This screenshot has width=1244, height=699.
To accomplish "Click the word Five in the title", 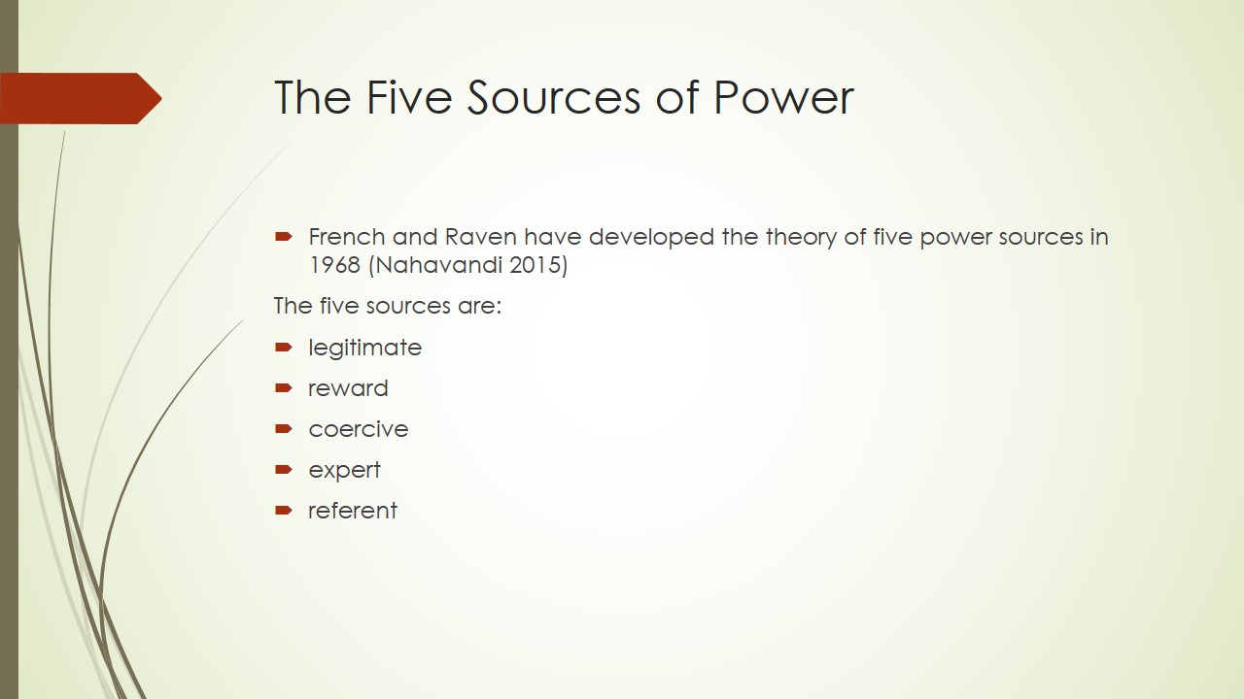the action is (x=409, y=97).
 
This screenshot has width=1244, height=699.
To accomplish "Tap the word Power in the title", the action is (x=783, y=97).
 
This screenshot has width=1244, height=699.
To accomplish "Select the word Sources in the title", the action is (x=554, y=97).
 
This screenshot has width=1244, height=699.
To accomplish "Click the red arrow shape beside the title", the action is (x=81, y=98).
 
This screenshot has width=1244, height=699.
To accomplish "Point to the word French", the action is (x=347, y=237).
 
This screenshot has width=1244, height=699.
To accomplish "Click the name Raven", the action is (x=481, y=237).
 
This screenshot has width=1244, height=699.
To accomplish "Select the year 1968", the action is (x=335, y=265).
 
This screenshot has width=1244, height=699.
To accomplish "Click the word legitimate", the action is (x=364, y=349).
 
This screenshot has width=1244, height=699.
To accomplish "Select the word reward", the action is (x=348, y=388).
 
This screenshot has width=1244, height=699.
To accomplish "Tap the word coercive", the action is (x=359, y=429).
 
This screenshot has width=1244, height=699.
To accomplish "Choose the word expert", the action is (x=344, y=471).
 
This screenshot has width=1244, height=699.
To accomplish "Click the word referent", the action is (x=353, y=511).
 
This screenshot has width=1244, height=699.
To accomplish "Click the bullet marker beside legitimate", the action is (x=283, y=348).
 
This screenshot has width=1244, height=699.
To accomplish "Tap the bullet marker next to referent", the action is (x=283, y=510).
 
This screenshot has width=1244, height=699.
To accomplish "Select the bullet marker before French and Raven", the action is (x=283, y=237).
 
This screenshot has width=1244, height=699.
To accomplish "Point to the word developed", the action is (x=651, y=238).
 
